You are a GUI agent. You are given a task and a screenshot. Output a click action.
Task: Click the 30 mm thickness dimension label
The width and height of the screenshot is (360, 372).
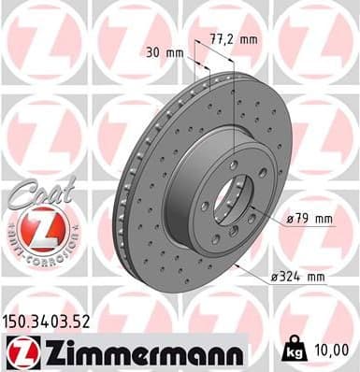click(165, 52)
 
